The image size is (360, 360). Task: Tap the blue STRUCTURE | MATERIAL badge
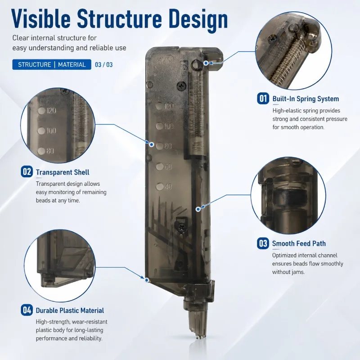(52, 64)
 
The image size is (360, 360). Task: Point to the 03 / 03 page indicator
(104, 65)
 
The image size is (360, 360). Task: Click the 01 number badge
(263, 99)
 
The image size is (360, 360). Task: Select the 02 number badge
(27, 172)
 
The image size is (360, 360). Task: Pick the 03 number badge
(263, 243)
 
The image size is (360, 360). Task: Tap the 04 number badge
(27, 310)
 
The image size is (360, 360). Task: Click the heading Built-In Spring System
(306, 99)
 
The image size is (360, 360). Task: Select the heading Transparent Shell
(63, 172)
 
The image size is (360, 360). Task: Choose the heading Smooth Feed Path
(299, 243)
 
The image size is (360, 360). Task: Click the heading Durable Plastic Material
(70, 310)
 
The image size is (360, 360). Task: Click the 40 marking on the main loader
(168, 186)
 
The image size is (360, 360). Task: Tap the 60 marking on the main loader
(168, 166)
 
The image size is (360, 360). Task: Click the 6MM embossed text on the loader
(165, 61)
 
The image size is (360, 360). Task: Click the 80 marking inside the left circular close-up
(50, 151)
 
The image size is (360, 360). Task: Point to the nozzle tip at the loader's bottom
(198, 337)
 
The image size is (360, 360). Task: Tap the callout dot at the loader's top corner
(206, 63)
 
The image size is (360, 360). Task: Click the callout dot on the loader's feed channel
(198, 209)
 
